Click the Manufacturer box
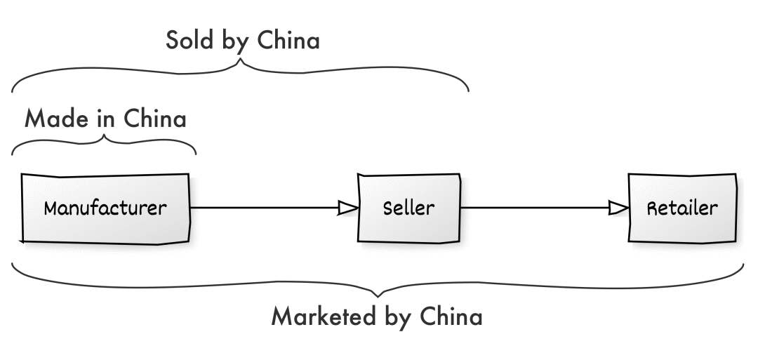pyautogui.click(x=105, y=208)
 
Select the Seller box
pyautogui.click(x=409, y=208)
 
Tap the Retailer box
pyautogui.click(x=682, y=208)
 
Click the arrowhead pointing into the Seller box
pyautogui.click(x=347, y=208)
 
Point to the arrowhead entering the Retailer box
pyautogui.click(x=618, y=208)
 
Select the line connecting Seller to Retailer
pyautogui.click(x=533, y=208)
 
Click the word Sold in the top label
pyautogui.click(x=189, y=41)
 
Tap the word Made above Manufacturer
pyautogui.click(x=55, y=119)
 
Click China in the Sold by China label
pyautogui.click(x=288, y=41)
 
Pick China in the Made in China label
pyautogui.click(x=155, y=119)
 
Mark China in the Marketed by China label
pyautogui.click(x=451, y=316)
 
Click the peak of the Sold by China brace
pyautogui.click(x=241, y=61)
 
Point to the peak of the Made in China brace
pyautogui.click(x=105, y=134)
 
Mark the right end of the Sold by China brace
pyautogui.click(x=467, y=90)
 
